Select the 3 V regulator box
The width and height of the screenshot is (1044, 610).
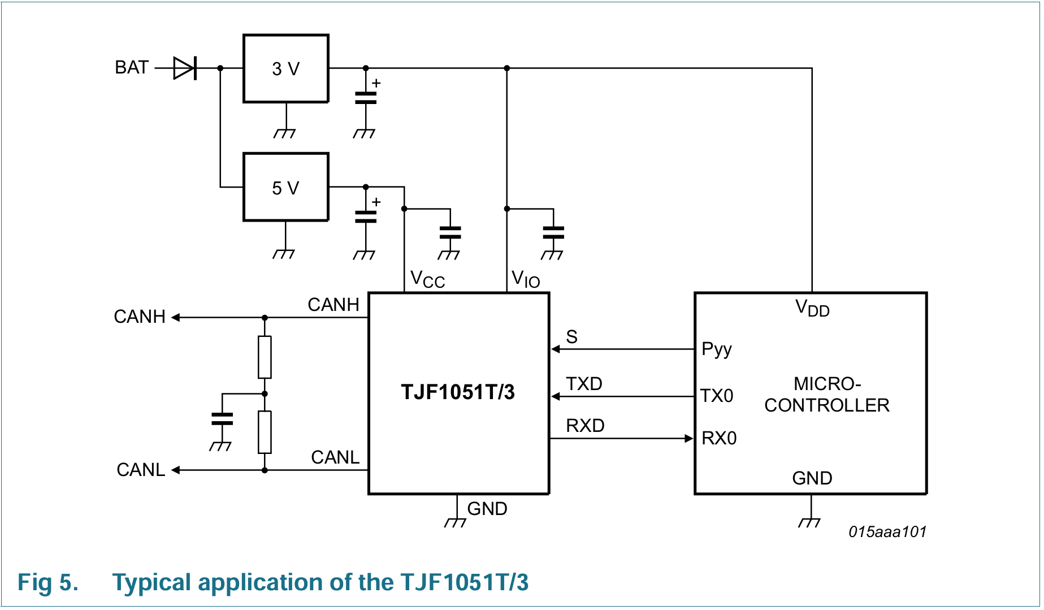286,68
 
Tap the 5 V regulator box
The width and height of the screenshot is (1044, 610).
286,187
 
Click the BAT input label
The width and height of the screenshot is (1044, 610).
132,68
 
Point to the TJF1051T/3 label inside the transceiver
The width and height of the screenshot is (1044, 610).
458,392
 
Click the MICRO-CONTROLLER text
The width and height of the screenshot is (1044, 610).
827,395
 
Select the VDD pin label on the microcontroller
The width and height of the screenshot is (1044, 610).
812,309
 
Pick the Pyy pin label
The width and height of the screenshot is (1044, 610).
717,349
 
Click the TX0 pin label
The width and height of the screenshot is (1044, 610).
717,396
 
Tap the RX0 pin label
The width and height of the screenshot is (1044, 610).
719,438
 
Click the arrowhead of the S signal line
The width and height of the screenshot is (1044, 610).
556,349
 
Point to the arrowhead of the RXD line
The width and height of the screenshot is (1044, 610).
689,438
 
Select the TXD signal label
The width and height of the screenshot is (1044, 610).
584,384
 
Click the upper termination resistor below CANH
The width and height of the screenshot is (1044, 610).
265,357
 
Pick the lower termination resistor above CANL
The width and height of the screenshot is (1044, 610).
265,432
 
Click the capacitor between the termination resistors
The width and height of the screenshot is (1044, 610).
222,419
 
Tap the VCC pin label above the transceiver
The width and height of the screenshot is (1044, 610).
427,279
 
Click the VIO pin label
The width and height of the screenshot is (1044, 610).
526,279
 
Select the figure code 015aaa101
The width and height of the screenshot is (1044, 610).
887,532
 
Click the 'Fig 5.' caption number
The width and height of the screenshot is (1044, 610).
48,583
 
